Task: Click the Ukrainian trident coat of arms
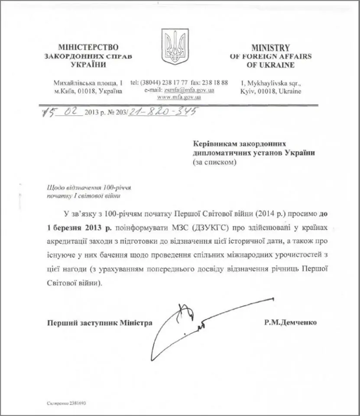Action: click(175, 46)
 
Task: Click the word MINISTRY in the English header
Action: click(270, 48)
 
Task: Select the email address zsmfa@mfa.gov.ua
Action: click(189, 91)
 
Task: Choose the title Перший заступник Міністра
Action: click(94, 323)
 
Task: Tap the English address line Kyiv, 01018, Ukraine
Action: click(271, 91)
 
